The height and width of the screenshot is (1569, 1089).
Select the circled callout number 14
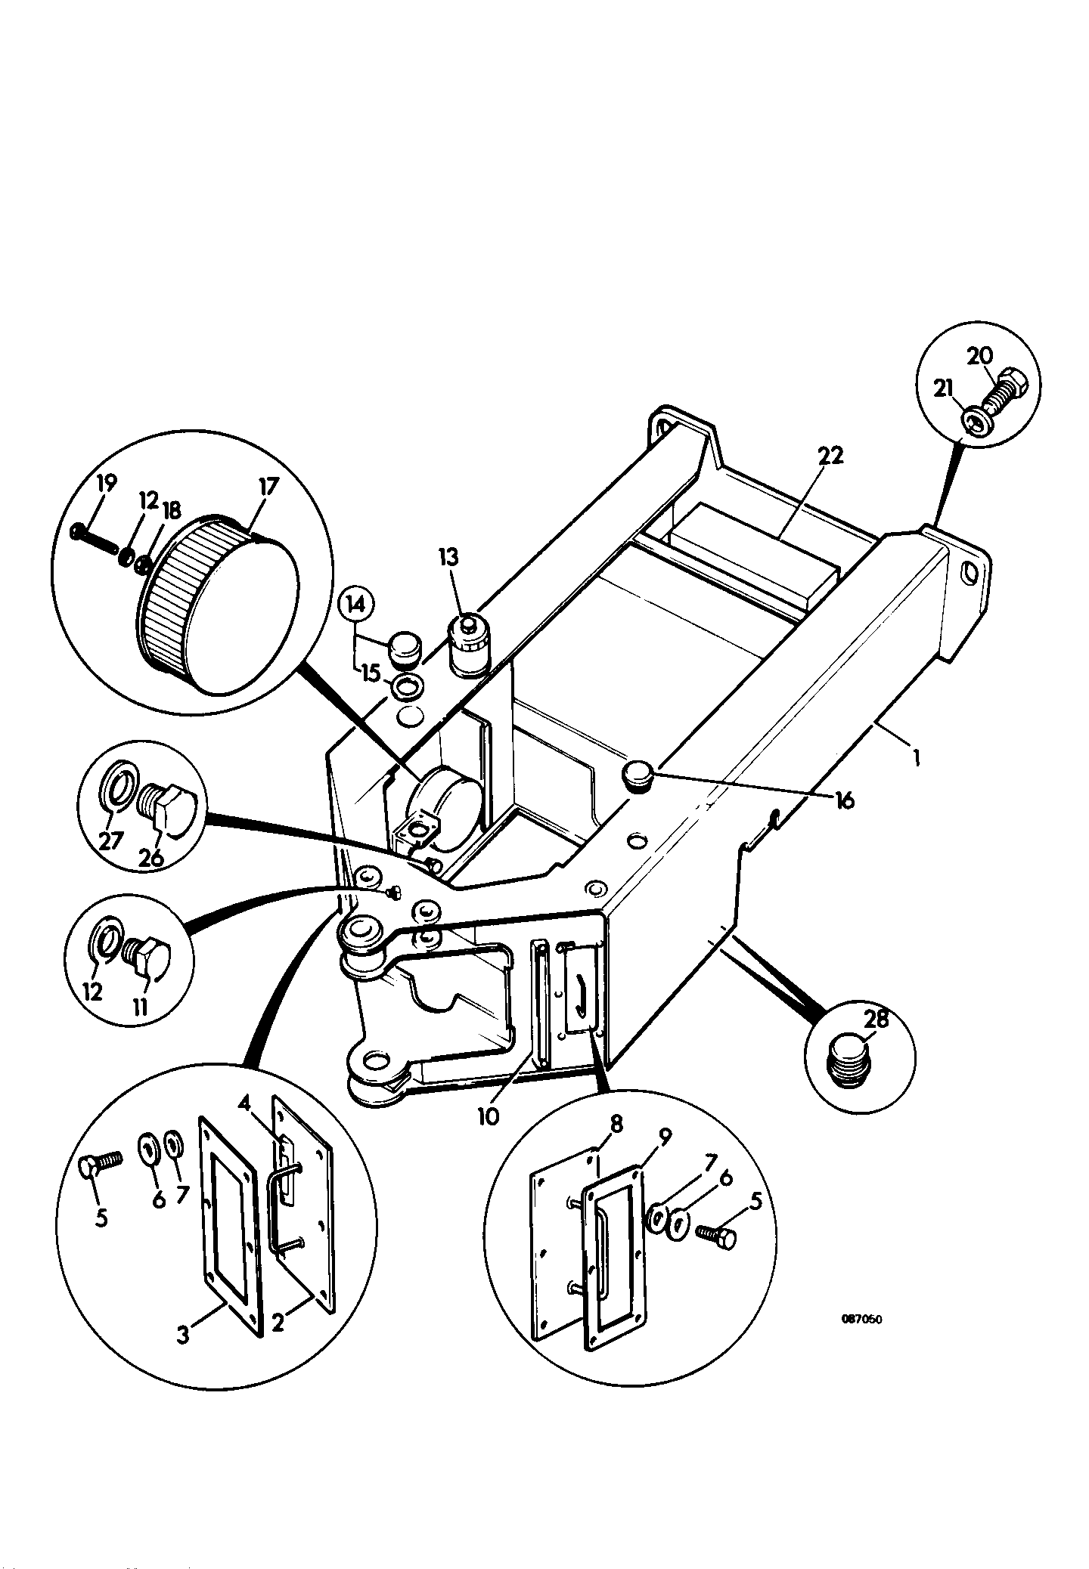click(357, 605)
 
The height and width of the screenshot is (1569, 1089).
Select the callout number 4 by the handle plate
click(244, 1106)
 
